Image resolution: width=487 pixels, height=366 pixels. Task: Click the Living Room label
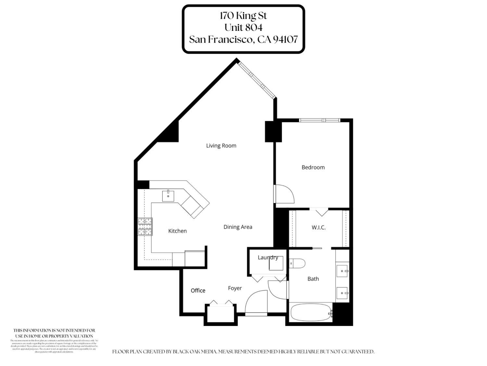[x=221, y=145]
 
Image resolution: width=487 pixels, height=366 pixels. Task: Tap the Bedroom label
[x=313, y=167]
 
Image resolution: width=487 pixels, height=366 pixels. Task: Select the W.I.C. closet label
[x=318, y=227]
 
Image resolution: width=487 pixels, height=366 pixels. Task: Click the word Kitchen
[x=177, y=231]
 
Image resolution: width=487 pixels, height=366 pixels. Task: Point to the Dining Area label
[x=238, y=227]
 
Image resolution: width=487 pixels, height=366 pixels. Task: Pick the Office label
[x=198, y=291]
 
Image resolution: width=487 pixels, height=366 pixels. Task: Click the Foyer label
[x=235, y=288]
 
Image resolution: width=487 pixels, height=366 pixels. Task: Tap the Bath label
[x=313, y=279]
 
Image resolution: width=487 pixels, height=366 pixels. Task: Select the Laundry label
[x=268, y=257]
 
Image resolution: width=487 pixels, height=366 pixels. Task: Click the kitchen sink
[x=168, y=196]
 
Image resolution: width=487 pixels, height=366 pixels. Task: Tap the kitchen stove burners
[x=145, y=226]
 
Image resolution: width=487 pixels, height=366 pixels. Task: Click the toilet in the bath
[x=297, y=263]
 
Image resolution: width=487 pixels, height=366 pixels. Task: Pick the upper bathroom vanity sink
[x=343, y=271]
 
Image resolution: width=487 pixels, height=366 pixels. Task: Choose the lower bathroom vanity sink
[x=343, y=293]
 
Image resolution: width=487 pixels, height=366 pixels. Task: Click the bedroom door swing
[x=284, y=194]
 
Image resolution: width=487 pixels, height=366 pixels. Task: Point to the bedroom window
[x=319, y=120]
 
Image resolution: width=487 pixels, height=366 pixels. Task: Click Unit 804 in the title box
[x=243, y=27]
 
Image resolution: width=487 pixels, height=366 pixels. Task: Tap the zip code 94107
[x=285, y=39]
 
